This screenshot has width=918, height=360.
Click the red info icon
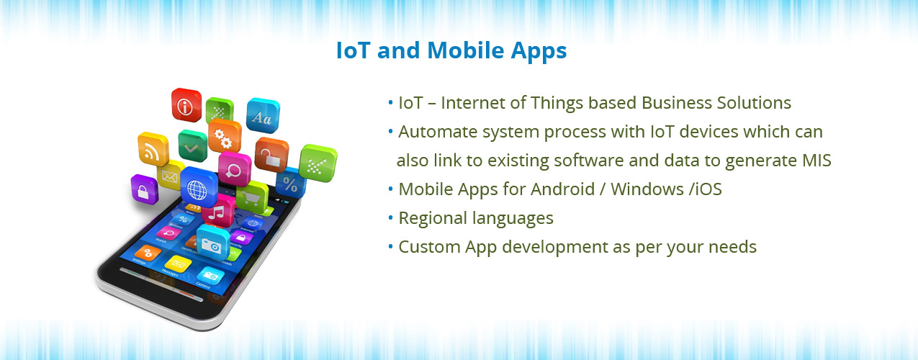[186, 105]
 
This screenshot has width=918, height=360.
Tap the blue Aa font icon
[263, 116]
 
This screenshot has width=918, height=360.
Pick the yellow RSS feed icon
[153, 149]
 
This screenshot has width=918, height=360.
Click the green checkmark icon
[193, 146]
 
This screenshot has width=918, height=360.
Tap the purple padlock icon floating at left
[144, 189]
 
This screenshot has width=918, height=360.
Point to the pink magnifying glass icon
[235, 168]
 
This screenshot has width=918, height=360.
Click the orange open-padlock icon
[271, 156]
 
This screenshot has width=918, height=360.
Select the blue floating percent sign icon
[292, 183]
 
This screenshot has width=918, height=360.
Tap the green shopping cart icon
[251, 197]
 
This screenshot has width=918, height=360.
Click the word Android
[562, 189]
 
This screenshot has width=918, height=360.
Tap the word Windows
[647, 189]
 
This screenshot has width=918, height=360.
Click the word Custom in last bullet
[428, 247]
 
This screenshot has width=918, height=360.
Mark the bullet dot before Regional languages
[390, 217]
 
